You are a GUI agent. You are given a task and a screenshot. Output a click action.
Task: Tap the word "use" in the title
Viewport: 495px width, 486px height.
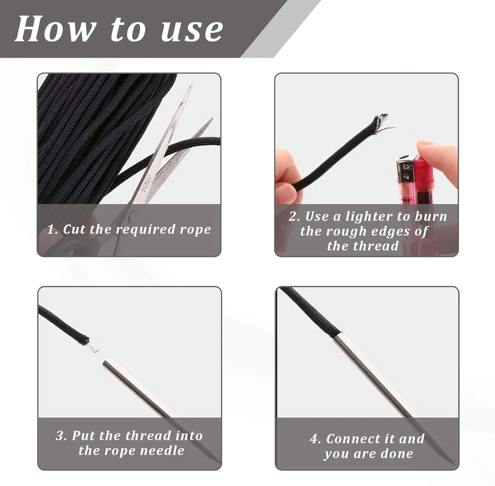click(192, 30)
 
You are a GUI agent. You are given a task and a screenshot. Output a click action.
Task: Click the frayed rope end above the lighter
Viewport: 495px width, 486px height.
click(381, 122)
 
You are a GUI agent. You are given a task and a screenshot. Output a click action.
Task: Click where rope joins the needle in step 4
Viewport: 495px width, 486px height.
click(337, 335)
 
